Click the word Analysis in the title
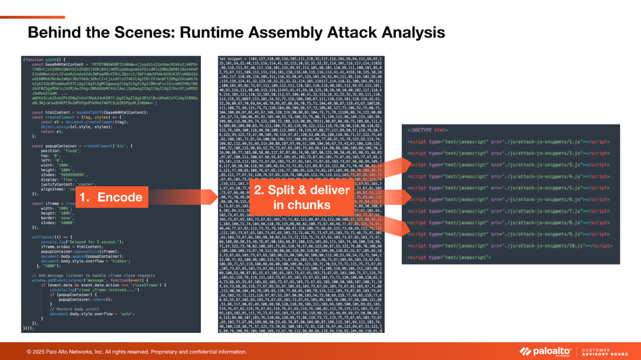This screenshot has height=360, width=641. coord(413,32)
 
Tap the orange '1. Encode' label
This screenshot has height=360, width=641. coord(110,197)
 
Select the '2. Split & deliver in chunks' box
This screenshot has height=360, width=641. coord(302,197)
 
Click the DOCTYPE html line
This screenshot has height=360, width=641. coord(427,130)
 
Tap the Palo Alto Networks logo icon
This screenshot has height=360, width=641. coord(526,351)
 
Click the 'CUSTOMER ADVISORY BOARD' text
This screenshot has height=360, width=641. coord(604,351)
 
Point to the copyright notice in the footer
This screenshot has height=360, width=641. coord(137,352)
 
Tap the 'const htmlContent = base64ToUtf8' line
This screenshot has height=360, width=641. coord(77,112)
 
